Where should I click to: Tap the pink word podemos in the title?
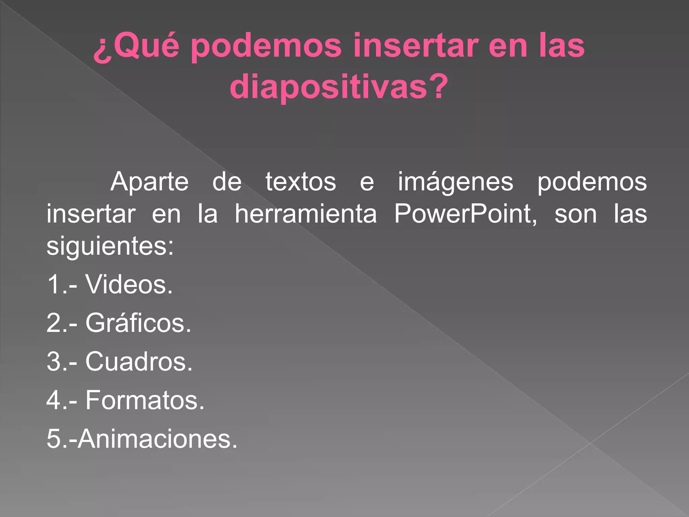266,47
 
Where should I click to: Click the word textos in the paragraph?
301,182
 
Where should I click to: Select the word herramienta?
305,214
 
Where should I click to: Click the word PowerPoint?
465,214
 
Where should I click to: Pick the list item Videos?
129,284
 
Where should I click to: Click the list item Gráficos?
138,323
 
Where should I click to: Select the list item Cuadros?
139,362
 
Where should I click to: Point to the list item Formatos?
145,400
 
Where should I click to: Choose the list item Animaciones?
157,439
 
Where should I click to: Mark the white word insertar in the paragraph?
91,214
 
